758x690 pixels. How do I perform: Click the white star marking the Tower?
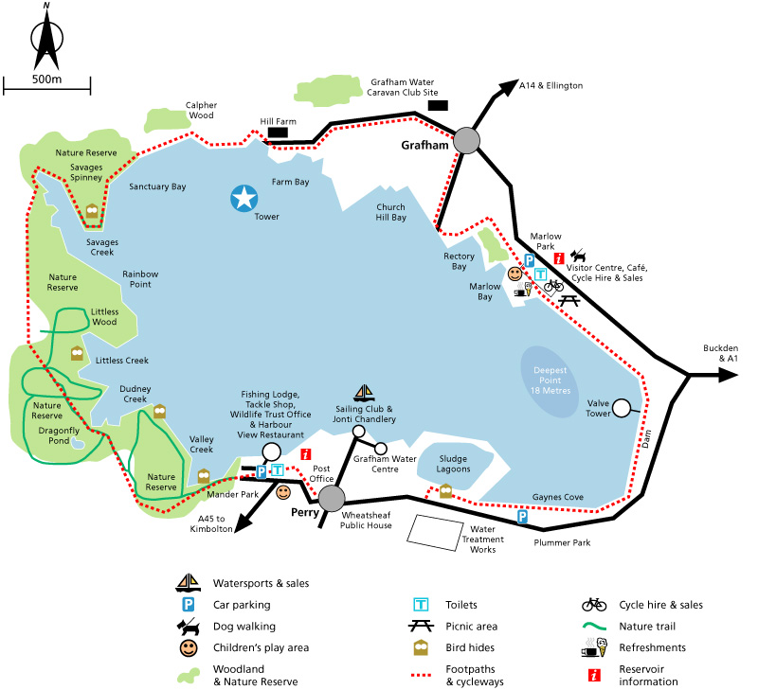tap(245, 198)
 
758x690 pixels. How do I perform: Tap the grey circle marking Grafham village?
tap(466, 141)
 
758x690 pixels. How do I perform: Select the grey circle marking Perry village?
tap(332, 498)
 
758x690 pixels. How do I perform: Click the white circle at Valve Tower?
tap(622, 409)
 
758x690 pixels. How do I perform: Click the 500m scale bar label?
tap(45, 80)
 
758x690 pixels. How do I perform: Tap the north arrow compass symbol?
tap(45, 37)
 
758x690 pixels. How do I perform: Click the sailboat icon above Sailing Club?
tap(363, 392)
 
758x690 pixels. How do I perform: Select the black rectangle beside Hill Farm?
tap(278, 133)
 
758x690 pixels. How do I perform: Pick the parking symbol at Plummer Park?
tap(522, 517)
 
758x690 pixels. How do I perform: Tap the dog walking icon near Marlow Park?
tap(578, 256)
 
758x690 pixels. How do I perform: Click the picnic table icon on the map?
tap(568, 300)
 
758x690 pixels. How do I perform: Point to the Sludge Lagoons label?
tap(453, 463)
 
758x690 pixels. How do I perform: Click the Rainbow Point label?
tap(139, 279)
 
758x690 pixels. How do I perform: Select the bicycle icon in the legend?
tap(594, 604)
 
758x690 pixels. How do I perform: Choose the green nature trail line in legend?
tap(594, 626)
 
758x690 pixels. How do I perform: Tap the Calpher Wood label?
tap(202, 111)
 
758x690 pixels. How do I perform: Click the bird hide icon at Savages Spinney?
tap(92, 212)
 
